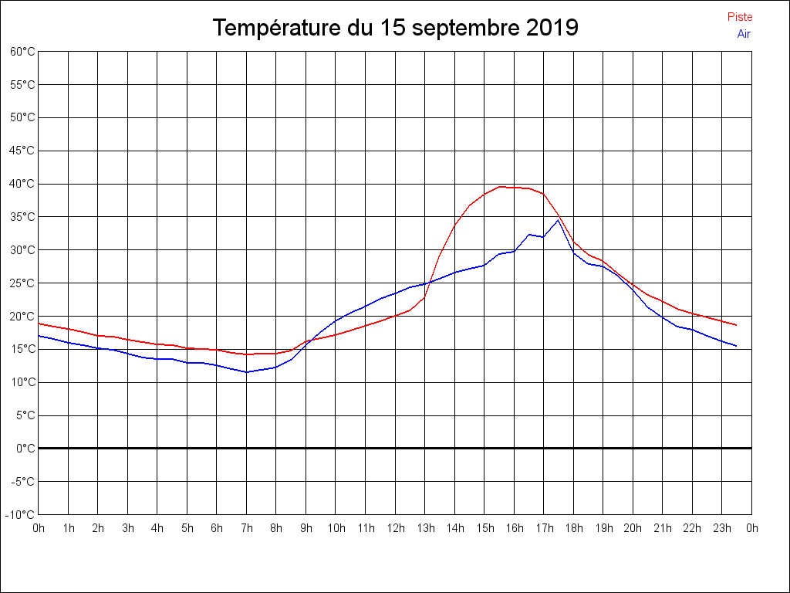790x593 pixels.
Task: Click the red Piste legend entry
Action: pyautogui.click(x=739, y=17)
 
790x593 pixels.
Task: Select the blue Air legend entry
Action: pyautogui.click(x=744, y=34)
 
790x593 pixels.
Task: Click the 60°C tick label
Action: pyautogui.click(x=22, y=52)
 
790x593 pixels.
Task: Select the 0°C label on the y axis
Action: pyautogui.click(x=25, y=449)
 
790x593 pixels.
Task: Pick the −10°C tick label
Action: pyautogui.click(x=21, y=515)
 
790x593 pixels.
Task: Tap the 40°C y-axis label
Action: pyautogui.click(x=22, y=184)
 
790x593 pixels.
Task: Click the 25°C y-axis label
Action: pyautogui.click(x=22, y=283)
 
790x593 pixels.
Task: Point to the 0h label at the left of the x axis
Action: pyautogui.click(x=39, y=528)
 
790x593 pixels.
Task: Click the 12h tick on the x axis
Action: pyautogui.click(x=395, y=528)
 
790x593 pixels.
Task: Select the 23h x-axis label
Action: pyautogui.click(x=722, y=528)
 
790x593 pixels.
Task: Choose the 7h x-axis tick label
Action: pyautogui.click(x=247, y=528)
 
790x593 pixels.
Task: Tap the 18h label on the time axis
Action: pyautogui.click(x=573, y=528)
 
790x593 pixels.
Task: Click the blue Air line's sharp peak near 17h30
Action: pyautogui.click(x=559, y=220)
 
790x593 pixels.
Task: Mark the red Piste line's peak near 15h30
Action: pyautogui.click(x=500, y=186)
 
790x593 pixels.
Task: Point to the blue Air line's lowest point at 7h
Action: pyautogui.click(x=247, y=372)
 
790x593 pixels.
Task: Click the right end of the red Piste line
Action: pyautogui.click(x=737, y=325)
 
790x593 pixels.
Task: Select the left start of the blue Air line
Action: pyautogui.click(x=39, y=336)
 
